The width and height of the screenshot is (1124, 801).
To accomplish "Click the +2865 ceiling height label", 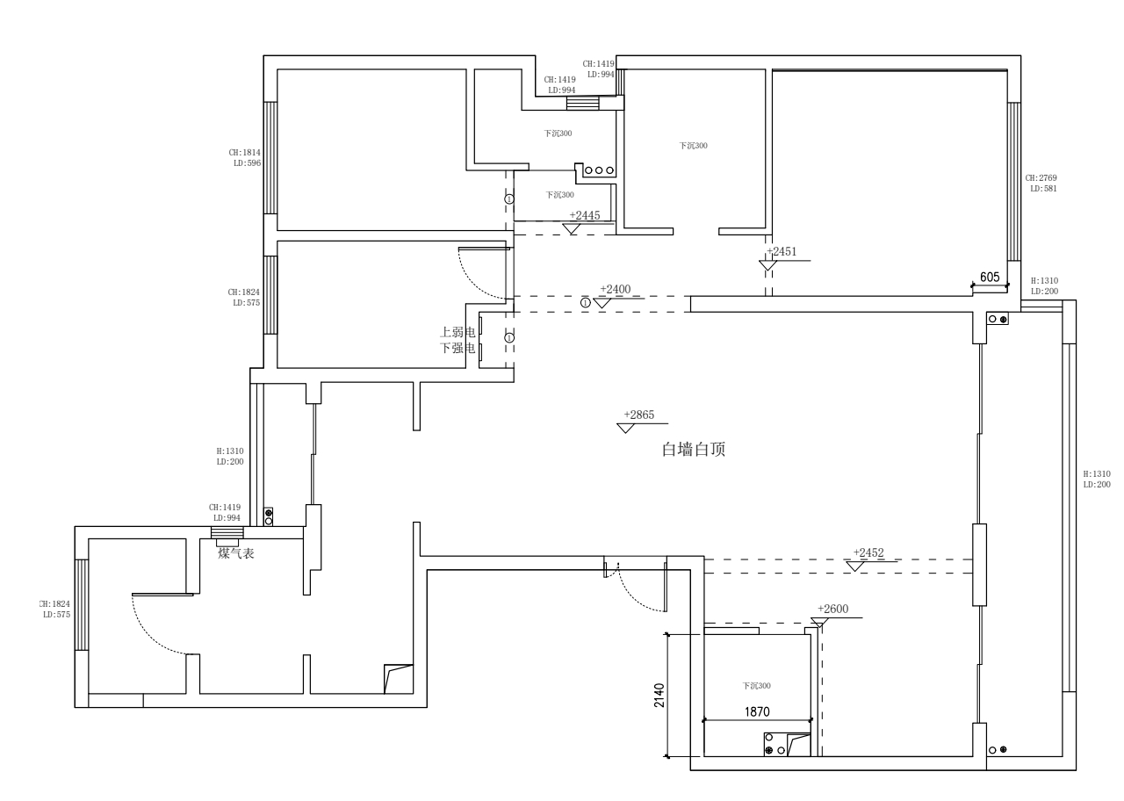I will click(x=639, y=415).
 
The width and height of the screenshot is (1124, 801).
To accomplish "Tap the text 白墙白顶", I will click(x=693, y=451).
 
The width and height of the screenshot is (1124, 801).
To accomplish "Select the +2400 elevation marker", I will click(x=616, y=289).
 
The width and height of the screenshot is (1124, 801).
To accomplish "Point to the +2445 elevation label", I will click(x=585, y=215).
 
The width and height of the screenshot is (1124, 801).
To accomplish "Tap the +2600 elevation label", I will click(x=832, y=609).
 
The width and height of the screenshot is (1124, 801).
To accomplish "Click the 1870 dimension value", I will click(x=757, y=712).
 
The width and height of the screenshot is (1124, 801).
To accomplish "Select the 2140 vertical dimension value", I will click(x=659, y=695).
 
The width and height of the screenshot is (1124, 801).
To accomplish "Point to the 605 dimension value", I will click(x=990, y=277).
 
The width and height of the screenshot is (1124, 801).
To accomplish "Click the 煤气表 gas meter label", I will click(x=236, y=553).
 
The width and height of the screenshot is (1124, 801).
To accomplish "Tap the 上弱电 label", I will click(x=458, y=333).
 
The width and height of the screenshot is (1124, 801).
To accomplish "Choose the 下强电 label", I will click(x=458, y=348).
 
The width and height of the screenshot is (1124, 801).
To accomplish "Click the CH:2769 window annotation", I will click(x=1041, y=178).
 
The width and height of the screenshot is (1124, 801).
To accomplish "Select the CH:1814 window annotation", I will click(x=245, y=152).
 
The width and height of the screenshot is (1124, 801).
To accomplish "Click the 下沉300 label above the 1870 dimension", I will click(x=756, y=686).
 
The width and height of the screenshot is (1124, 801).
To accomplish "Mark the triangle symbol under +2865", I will click(x=626, y=429).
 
